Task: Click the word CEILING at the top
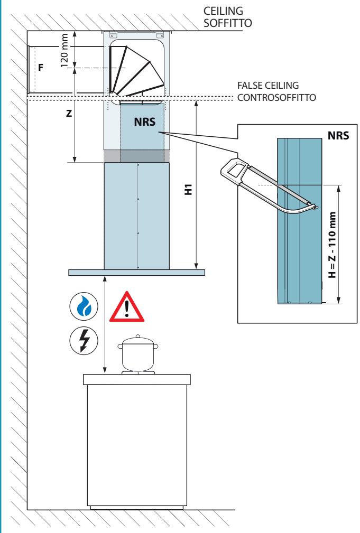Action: click(223, 11)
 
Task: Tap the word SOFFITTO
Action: click(228, 23)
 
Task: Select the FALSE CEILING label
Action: click(268, 86)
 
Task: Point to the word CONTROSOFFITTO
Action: click(276, 98)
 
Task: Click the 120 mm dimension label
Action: click(64, 50)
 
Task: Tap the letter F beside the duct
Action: click(41, 67)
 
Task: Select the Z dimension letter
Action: click(69, 114)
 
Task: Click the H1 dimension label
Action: click(188, 189)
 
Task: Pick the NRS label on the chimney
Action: click(145, 121)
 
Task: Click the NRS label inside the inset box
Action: click(338, 135)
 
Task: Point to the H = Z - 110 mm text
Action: click(333, 245)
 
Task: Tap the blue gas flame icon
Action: click(84, 306)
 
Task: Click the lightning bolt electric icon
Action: click(84, 340)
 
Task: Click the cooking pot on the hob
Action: click(138, 354)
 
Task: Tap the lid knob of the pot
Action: click(138, 336)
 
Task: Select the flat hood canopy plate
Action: click(137, 272)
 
